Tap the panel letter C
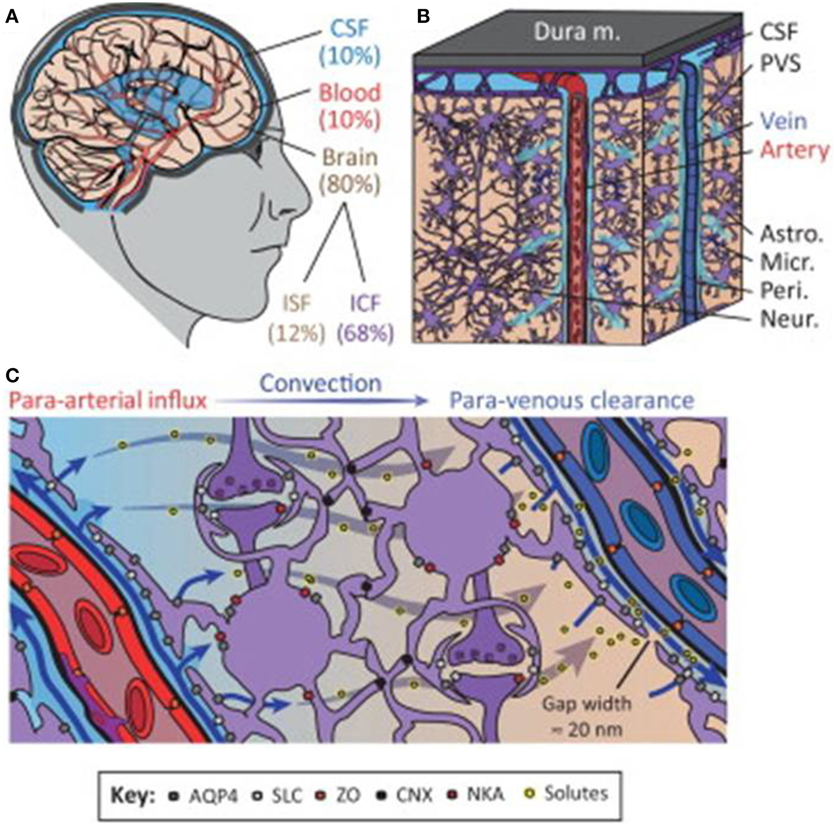[12, 375]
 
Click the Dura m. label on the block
[577, 33]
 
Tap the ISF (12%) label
[297, 318]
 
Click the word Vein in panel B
[783, 121]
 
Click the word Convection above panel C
[321, 383]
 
